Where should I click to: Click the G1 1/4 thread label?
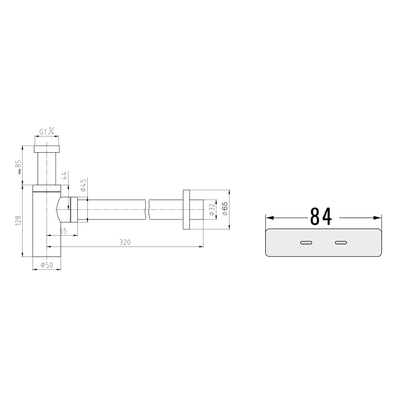click(x=47, y=131)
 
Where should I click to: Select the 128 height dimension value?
click(x=18, y=221)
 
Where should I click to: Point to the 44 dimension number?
click(x=64, y=175)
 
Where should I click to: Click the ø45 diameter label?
click(x=83, y=185)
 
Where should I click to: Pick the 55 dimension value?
click(x=63, y=231)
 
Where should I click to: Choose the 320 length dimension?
click(x=125, y=242)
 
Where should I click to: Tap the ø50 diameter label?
click(x=47, y=265)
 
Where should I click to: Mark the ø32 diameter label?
click(x=211, y=210)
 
